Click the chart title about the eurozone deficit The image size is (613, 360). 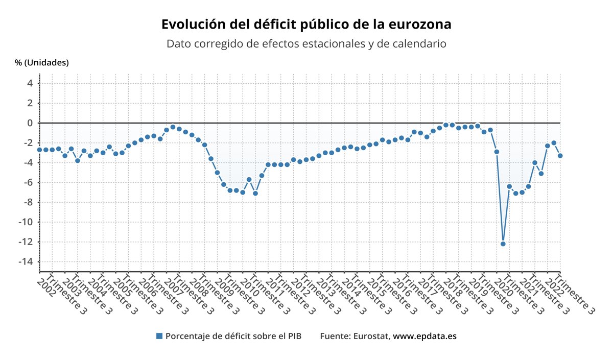coord(306,25)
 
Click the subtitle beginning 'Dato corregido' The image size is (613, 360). coord(306,44)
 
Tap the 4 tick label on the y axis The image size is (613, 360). coord(30,83)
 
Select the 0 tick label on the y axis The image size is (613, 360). coord(30,123)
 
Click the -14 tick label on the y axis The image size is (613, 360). coord(27,261)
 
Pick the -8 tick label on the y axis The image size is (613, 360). coord(29,202)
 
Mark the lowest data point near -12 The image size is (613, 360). coord(503,244)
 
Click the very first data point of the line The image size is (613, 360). coord(39,150)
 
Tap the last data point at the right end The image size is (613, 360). coord(560,156)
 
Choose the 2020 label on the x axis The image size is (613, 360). coord(504,283)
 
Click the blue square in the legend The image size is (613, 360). coord(159,336)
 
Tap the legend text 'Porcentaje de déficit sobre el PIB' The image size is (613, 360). coord(233,336)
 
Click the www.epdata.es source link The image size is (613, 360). coord(425,336)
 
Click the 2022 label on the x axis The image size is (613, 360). coord(555,283)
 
